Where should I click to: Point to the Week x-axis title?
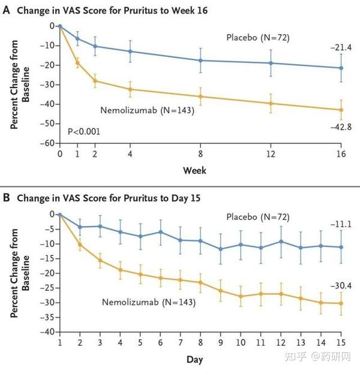pos(194,171)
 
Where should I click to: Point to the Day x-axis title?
pos(194,360)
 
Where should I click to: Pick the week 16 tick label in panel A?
pos(341,154)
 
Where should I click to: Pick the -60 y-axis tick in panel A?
pos(48,143)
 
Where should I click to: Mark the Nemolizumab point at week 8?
pos(200,96)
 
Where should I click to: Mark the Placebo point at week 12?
pos(271,63)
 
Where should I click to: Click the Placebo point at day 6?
pos(160,232)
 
